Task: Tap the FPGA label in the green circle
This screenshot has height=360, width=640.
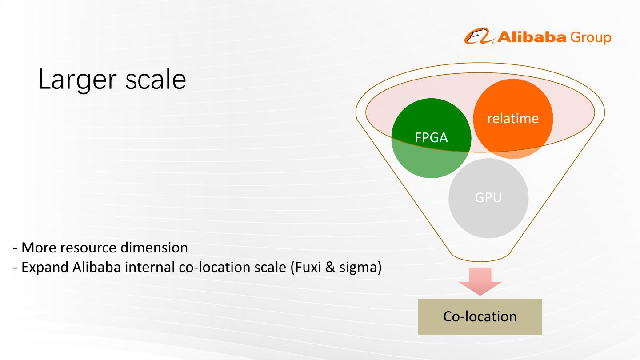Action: [431, 138]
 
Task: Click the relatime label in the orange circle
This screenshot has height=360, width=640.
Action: [513, 118]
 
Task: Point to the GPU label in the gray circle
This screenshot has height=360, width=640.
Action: [488, 197]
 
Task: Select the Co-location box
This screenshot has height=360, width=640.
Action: [480, 316]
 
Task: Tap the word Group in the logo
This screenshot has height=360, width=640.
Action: [591, 38]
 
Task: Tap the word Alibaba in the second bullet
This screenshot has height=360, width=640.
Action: [95, 268]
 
